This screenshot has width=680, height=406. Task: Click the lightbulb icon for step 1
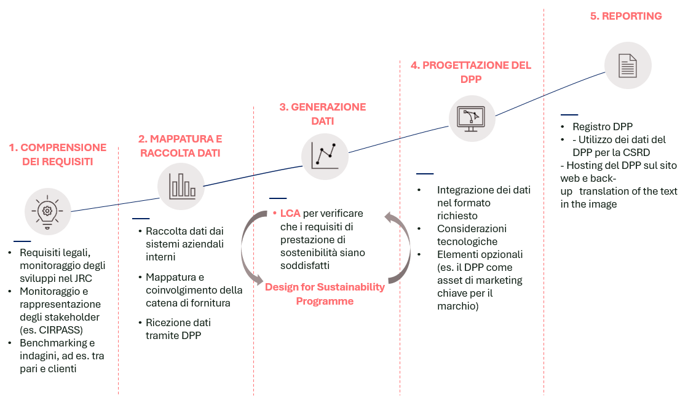[x=47, y=211]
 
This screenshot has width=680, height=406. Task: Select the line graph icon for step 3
[x=325, y=156]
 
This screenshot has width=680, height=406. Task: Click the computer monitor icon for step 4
[x=472, y=117]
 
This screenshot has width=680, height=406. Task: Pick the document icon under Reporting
[x=627, y=65]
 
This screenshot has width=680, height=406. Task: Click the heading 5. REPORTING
[x=626, y=17]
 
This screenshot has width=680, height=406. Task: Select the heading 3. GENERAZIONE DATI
[x=322, y=114]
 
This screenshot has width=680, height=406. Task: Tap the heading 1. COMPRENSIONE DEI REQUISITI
[x=57, y=155]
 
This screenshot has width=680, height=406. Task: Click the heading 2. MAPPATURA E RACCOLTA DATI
[x=180, y=146]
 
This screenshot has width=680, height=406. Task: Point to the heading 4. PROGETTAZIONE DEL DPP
[x=471, y=72]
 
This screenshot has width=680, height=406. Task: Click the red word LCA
[x=290, y=214]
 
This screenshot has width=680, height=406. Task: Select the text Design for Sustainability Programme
[x=325, y=294]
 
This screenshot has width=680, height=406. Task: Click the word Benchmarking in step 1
[x=53, y=343]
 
